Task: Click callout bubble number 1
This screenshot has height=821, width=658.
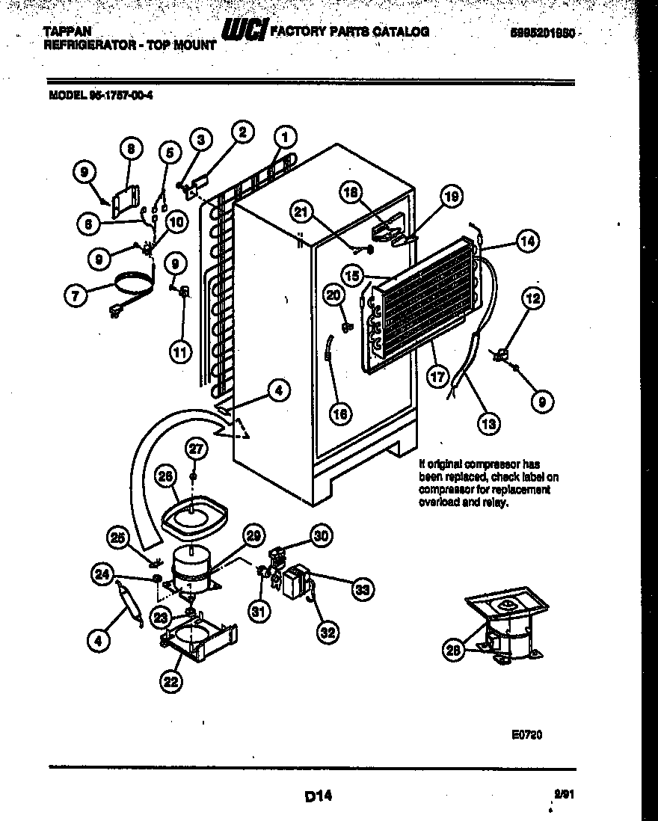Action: [x=285, y=137]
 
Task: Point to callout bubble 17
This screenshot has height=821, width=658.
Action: [x=438, y=376]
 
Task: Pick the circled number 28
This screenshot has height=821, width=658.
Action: [x=452, y=651]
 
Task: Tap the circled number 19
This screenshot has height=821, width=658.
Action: [x=450, y=197]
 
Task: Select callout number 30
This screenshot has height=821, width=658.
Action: [x=321, y=535]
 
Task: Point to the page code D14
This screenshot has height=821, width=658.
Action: [x=318, y=797]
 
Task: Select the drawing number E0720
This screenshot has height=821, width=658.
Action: [x=526, y=735]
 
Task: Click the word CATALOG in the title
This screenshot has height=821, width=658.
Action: [x=402, y=31]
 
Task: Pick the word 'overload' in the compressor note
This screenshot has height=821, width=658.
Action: [x=437, y=503]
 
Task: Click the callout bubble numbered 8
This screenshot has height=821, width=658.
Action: [x=130, y=150]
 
